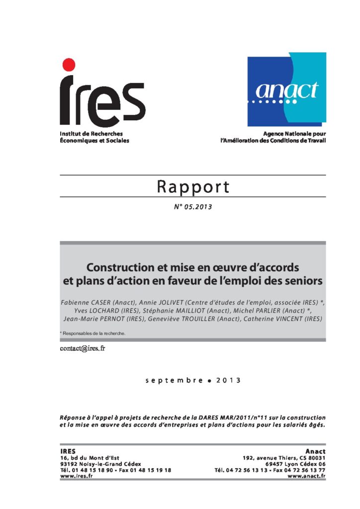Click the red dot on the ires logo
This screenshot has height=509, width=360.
(69, 65)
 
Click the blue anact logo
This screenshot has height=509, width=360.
(287, 89)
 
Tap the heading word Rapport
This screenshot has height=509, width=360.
(193, 187)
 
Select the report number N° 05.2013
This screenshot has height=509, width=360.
(193, 207)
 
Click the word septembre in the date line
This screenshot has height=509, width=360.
(174, 380)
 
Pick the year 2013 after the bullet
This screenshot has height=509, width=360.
(228, 380)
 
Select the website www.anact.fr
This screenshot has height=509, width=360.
(307, 476)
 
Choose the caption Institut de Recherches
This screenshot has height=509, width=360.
(91, 134)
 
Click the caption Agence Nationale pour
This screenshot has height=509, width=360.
(295, 134)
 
